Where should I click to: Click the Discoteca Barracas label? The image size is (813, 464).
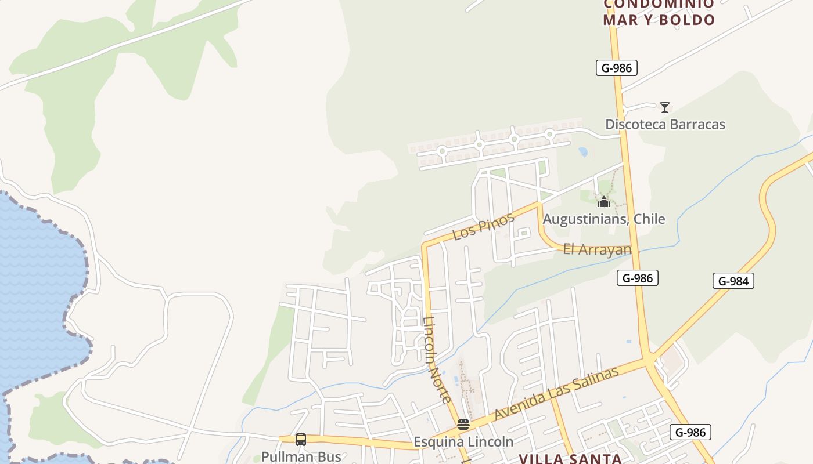(x=665, y=124)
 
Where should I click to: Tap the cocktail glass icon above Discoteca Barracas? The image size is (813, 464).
(x=665, y=107)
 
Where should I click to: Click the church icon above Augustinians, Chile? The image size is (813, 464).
(x=604, y=202)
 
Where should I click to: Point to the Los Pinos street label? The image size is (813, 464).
(x=483, y=226)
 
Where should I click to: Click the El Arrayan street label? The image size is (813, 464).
(x=597, y=249)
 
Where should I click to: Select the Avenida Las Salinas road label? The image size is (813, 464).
(x=556, y=394)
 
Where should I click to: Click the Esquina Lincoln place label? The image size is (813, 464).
(x=463, y=442)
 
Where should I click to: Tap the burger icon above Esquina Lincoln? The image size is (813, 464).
(x=463, y=425)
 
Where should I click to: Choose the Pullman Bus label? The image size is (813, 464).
(x=301, y=457)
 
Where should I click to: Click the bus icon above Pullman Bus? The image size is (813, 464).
(x=301, y=440)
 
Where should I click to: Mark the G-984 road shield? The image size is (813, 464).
(x=733, y=281)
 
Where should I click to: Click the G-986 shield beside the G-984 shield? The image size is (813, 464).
(x=637, y=278)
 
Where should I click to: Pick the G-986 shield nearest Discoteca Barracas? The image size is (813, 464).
(x=616, y=68)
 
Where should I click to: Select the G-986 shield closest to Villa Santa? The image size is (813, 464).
(x=690, y=432)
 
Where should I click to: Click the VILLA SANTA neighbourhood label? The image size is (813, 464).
(x=570, y=459)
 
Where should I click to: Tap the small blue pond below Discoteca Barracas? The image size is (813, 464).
(x=583, y=152)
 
